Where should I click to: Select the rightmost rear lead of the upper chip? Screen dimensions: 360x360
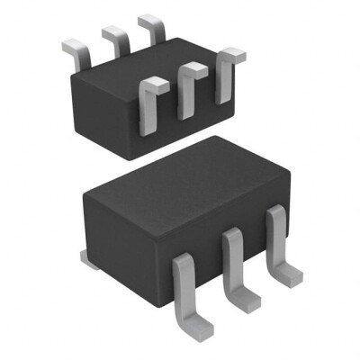(152, 29)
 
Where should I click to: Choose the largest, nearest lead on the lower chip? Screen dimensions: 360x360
(184, 288)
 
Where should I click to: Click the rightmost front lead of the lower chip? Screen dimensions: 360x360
(276, 238)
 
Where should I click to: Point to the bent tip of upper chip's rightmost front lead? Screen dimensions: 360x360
(232, 56)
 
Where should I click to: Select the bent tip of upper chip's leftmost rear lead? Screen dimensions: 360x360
(70, 43)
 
